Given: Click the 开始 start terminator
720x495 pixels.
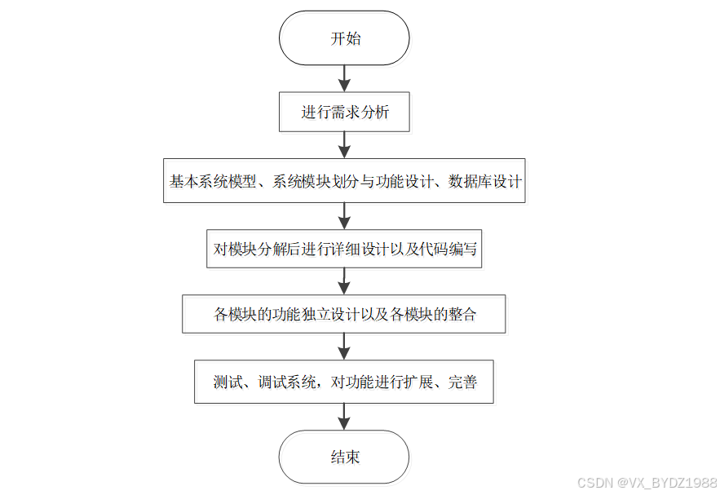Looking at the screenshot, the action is click(x=344, y=38).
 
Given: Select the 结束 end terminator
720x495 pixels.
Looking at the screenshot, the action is click(x=344, y=457).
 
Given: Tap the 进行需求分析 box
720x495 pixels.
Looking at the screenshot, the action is click(x=344, y=113).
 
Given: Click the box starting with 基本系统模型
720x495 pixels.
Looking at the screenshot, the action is click(x=344, y=181).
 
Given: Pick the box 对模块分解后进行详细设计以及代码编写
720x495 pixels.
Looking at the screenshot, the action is click(x=344, y=249).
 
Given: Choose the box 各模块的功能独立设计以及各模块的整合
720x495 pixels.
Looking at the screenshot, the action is click(x=344, y=314).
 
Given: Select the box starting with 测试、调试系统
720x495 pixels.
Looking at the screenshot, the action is click(x=344, y=382).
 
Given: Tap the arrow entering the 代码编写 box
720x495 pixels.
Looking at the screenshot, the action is click(x=344, y=215).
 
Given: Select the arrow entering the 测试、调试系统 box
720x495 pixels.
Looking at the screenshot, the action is click(x=344, y=347).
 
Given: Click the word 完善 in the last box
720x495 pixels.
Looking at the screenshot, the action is click(x=462, y=382).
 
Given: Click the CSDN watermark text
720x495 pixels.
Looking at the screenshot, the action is click(x=647, y=483).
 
